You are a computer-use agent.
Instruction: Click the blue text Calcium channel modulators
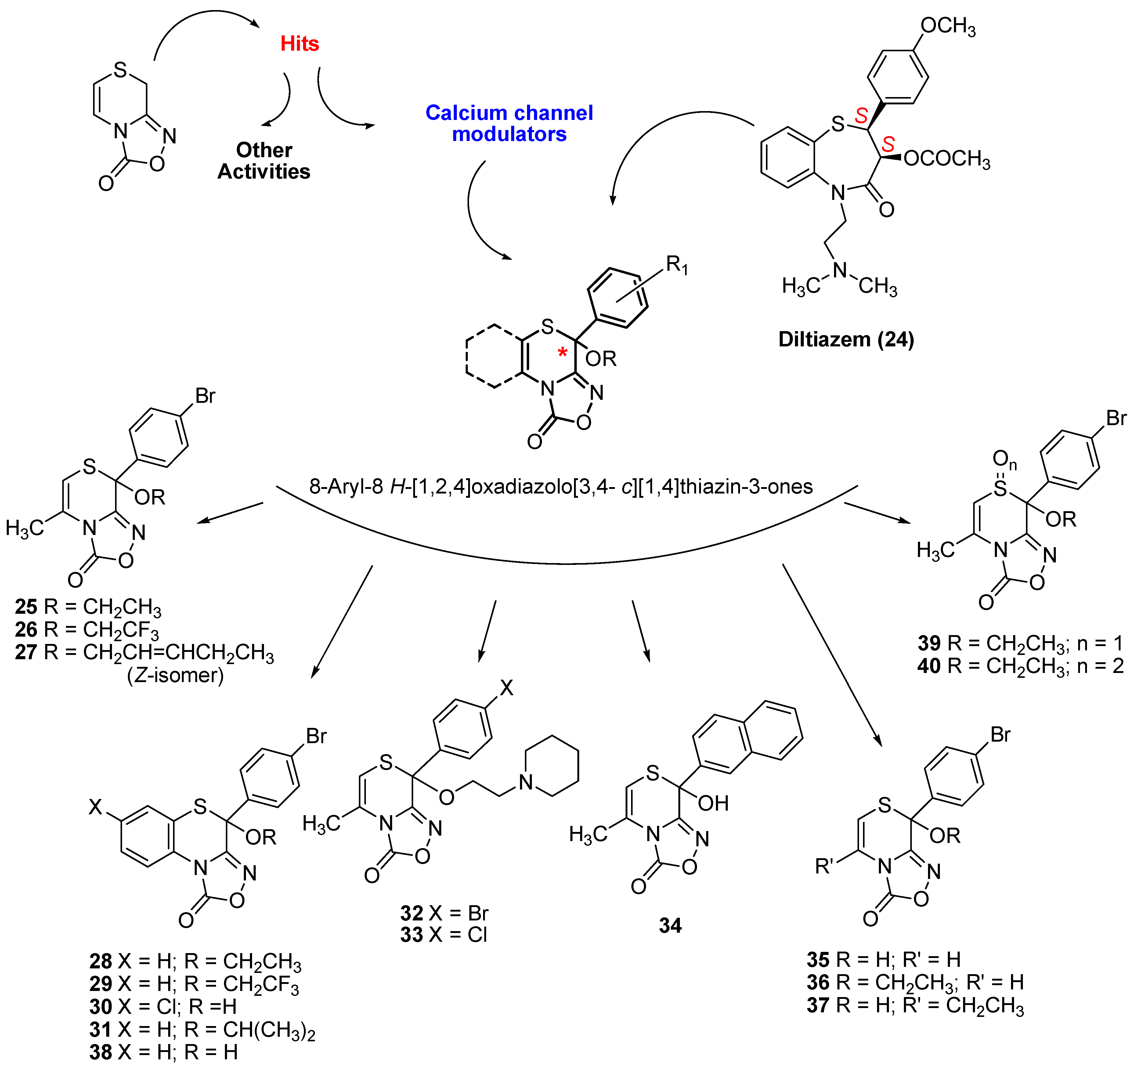[x=509, y=123]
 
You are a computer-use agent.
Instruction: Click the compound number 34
[x=670, y=925]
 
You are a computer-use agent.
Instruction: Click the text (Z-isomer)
[x=175, y=675]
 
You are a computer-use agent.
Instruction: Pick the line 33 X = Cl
[x=444, y=934]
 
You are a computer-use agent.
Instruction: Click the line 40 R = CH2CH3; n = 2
[x=1020, y=666]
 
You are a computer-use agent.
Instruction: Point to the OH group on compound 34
[x=713, y=803]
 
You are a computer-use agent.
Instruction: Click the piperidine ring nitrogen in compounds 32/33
[x=526, y=782]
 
